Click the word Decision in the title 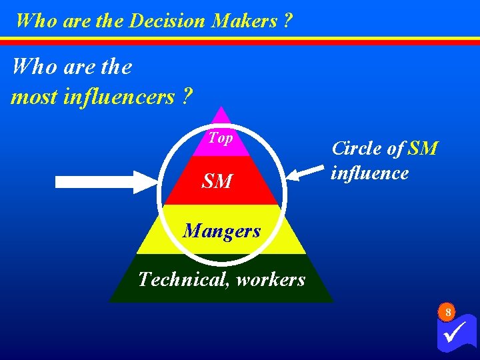point(167,21)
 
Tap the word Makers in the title point(244,21)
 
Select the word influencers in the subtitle point(119,97)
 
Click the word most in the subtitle point(34,97)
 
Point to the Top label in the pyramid point(220,138)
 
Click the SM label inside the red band point(218,181)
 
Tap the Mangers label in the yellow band point(221,231)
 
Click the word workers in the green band point(270,279)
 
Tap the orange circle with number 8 point(448,312)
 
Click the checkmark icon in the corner point(457,333)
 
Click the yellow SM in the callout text point(423,148)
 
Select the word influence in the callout point(370,173)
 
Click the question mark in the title point(287,21)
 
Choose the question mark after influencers point(187,97)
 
